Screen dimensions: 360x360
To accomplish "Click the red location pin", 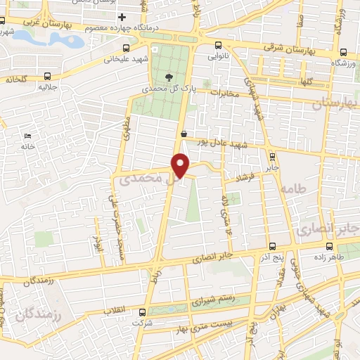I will pos(181,165).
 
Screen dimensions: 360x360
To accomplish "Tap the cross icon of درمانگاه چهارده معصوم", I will pos(122,17).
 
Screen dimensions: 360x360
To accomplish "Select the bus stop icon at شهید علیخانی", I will pos(126,48).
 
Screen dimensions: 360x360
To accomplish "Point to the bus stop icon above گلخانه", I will pos(47,76).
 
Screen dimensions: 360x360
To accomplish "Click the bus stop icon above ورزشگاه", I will pos(344,52).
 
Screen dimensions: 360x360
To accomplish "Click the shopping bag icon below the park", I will pos(184,134).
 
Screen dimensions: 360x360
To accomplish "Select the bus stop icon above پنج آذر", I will pos(272,246).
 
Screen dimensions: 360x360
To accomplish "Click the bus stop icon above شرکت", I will pos(143,312).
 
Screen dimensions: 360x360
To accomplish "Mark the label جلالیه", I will pos(46,87).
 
